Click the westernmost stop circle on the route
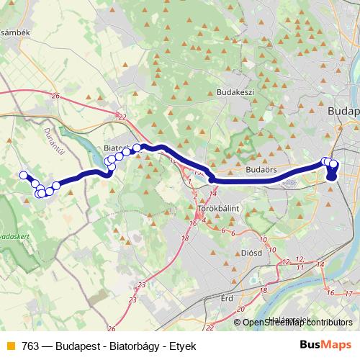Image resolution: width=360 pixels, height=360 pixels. point(23,175)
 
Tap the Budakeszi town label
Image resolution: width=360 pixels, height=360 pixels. point(237,93)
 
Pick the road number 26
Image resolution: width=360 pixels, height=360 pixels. point(56,96)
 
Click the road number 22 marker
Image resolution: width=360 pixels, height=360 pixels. point(122,117)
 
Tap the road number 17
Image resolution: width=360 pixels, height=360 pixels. point(348,293)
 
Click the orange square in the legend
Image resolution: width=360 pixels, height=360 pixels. point(9,346)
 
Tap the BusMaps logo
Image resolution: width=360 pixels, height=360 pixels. point(325,346)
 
